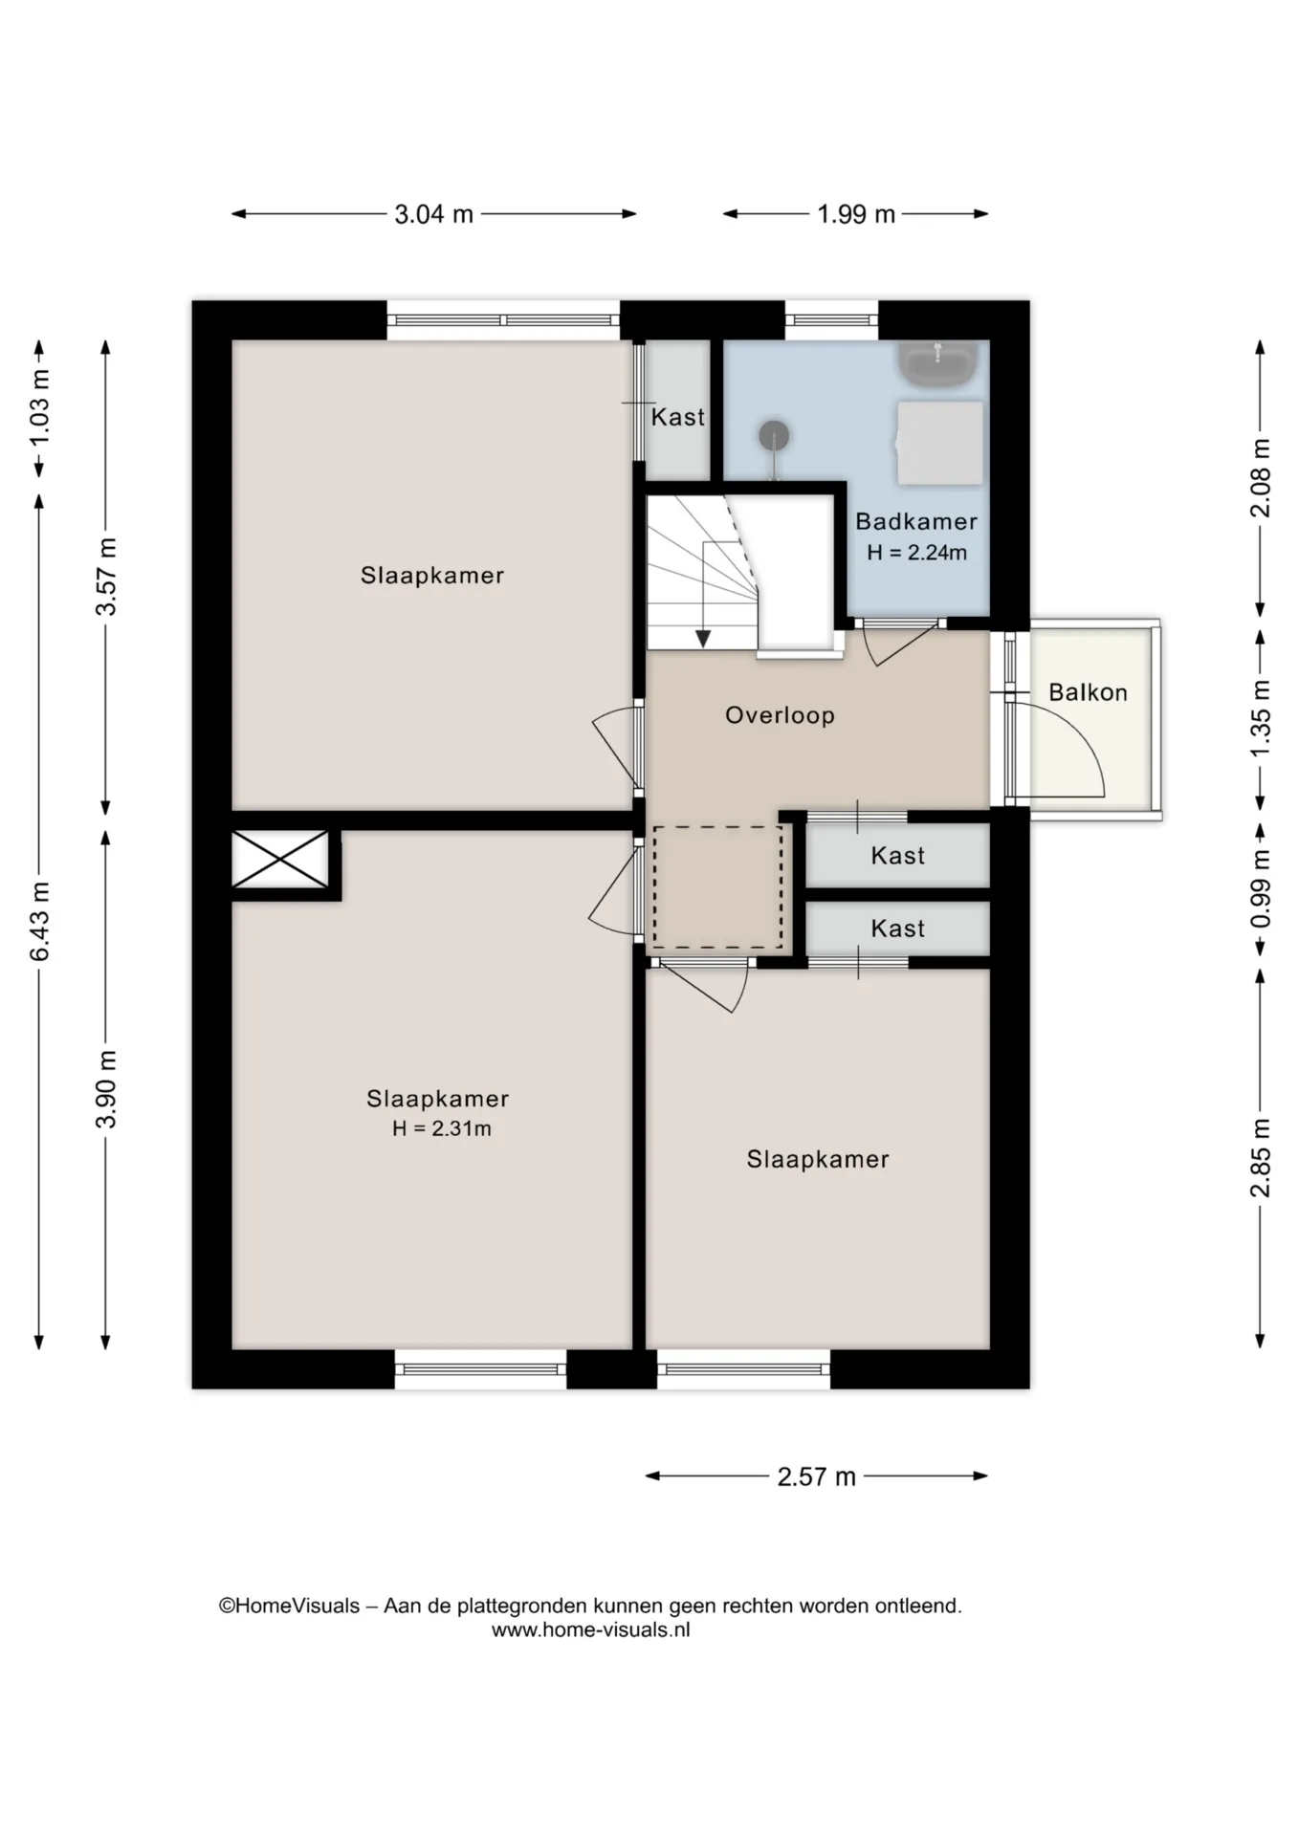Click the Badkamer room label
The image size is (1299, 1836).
pos(915,521)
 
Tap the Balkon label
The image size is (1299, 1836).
pos(1088,692)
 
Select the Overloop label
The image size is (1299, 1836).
pos(780,715)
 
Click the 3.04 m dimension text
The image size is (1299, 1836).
pos(433,214)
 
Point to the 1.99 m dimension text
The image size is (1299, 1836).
pos(856,214)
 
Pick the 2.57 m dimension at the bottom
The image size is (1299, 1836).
pos(816,1476)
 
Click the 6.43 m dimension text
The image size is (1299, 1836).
pos(39,922)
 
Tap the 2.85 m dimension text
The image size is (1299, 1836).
pos(1260,1157)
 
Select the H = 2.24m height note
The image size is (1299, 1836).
pos(916,553)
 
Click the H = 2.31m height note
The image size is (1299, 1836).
pos(442,1128)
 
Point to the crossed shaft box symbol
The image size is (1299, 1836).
pos(280,859)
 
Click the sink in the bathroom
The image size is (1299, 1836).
pos(938,363)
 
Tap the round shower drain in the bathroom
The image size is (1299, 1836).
pos(774,436)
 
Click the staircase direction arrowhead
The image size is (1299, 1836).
pos(703,638)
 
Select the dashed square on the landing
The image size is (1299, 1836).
pos(717,886)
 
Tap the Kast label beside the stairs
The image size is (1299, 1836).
pos(677,417)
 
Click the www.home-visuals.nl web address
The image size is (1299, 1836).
pos(591,1630)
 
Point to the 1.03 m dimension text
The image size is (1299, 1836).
pos(39,408)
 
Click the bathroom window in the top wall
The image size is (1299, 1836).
pos(831,320)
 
